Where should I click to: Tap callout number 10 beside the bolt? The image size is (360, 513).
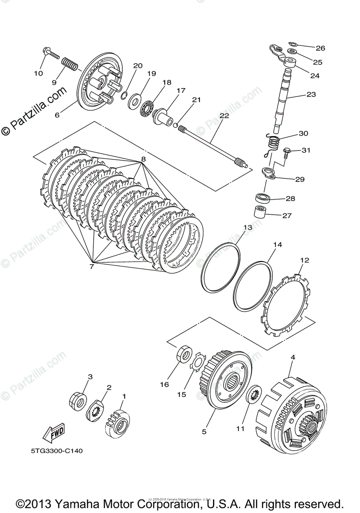pyautogui.click(x=38, y=73)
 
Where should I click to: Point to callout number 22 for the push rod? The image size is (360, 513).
pyautogui.click(x=224, y=115)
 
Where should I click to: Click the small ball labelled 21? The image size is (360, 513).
pyautogui.click(x=175, y=124)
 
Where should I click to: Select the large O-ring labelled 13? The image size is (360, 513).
pyautogui.click(x=220, y=268)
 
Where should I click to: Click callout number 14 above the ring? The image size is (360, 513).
pyautogui.click(x=278, y=245)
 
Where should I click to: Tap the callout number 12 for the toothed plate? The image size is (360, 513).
pyautogui.click(x=304, y=260)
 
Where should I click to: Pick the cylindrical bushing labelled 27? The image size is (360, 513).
pyautogui.click(x=260, y=211)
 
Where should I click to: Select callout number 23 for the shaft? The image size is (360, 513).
pyautogui.click(x=311, y=94)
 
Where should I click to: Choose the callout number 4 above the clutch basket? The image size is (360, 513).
pyautogui.click(x=293, y=357)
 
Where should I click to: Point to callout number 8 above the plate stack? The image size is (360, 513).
pyautogui.click(x=143, y=159)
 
